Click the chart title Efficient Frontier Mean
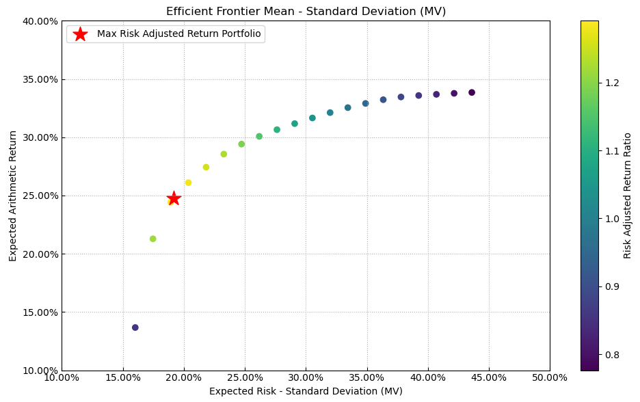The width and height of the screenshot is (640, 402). tap(306, 11)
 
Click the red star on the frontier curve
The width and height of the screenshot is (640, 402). tap(174, 198)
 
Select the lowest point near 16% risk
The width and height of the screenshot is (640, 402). tap(135, 327)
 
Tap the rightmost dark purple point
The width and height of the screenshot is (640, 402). tap(472, 92)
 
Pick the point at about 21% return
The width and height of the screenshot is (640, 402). tap(153, 239)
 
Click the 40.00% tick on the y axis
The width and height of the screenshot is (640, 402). tap(40, 21)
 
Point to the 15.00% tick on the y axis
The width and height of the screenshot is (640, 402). tap(40, 312)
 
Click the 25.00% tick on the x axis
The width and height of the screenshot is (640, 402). tap(184, 378)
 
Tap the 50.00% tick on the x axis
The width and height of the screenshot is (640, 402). tap(550, 378)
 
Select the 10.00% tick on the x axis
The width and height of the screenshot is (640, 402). tap(62, 378)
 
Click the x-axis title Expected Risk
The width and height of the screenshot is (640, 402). tap(306, 392)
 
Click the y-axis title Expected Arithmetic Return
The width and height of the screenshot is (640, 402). tap(13, 196)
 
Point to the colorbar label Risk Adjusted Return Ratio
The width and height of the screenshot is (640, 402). tap(628, 196)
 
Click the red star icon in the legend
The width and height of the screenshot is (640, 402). tap(80, 34)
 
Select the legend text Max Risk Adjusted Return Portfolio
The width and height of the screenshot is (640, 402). tap(178, 34)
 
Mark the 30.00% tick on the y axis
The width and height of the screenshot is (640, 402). tap(40, 137)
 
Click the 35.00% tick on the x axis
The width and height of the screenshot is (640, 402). tap(366, 378)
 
